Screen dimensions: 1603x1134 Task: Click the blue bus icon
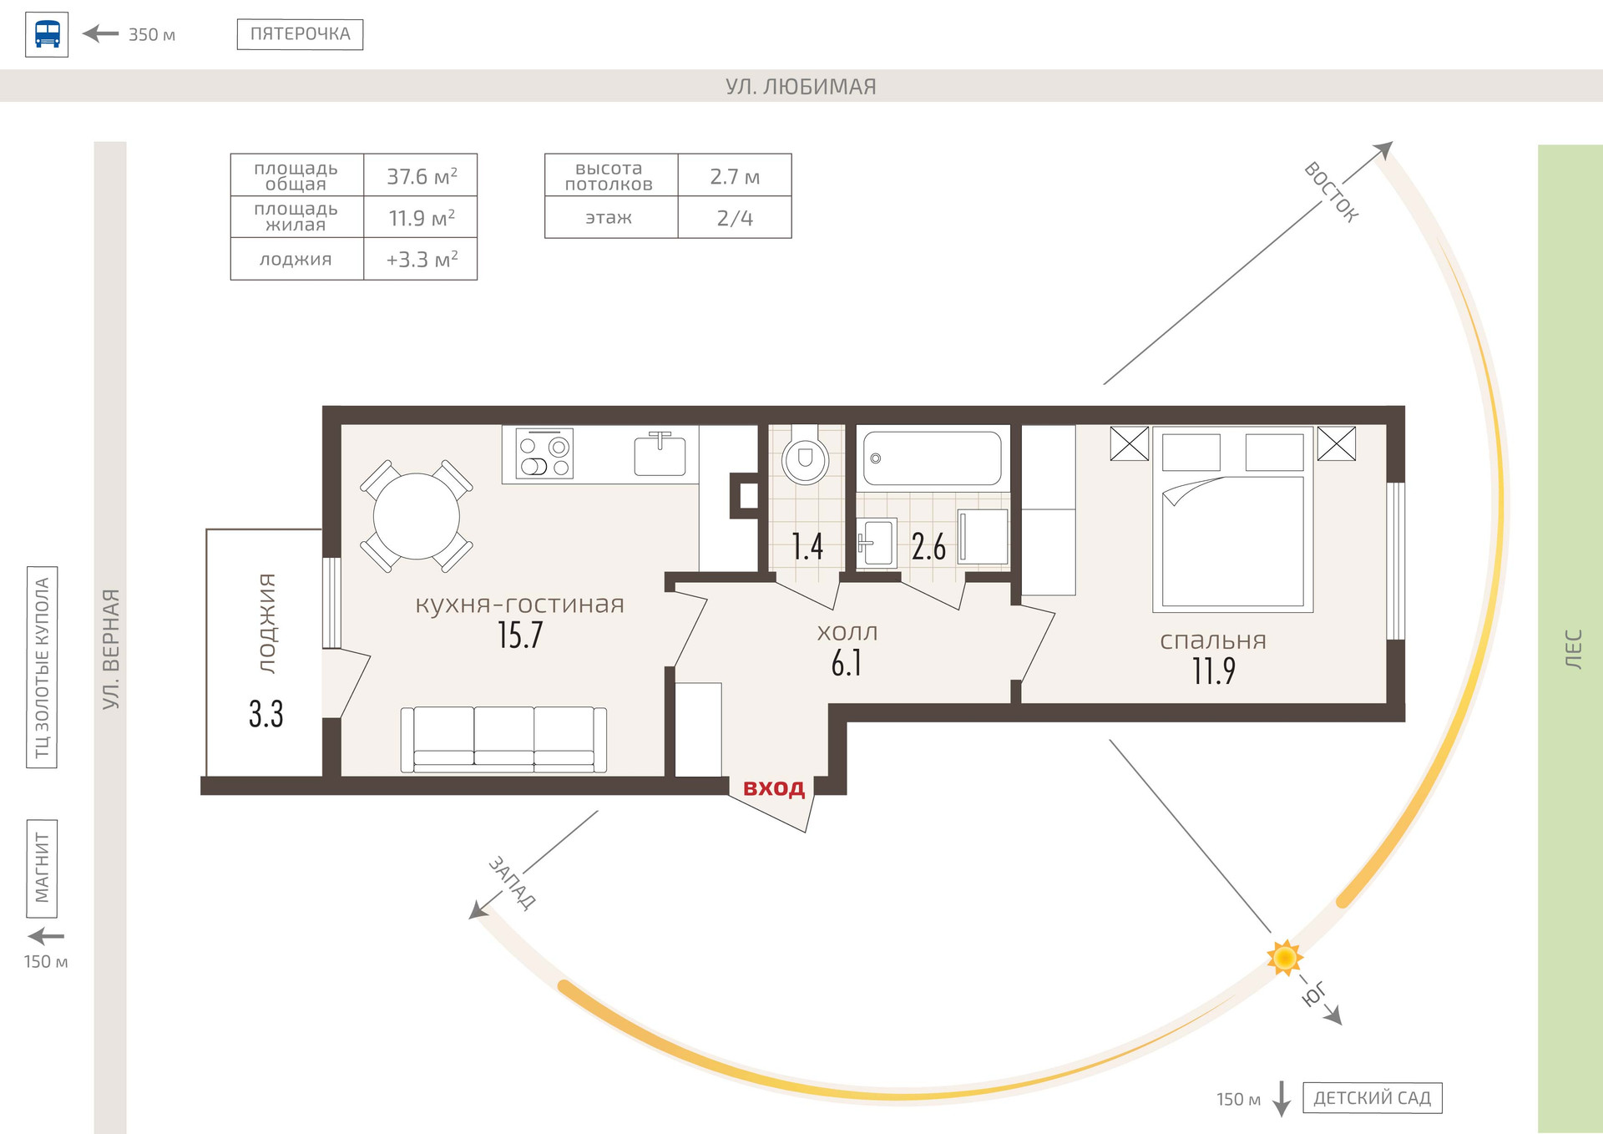coord(47,34)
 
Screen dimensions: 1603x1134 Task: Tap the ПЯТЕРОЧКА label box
coord(300,34)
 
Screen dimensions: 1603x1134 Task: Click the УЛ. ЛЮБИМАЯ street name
coord(801,86)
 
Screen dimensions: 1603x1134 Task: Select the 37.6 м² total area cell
coord(421,176)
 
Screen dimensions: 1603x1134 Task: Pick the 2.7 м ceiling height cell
coord(735,176)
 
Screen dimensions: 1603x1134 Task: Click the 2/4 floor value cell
coord(735,218)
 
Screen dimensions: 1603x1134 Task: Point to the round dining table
coord(416,516)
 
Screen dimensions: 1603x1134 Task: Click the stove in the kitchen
coord(544,453)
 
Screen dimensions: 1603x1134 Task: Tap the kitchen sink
coord(660,454)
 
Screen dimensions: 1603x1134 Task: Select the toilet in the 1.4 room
coord(805,458)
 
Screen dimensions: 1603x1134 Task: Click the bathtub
coord(932,458)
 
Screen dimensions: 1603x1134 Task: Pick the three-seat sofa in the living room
coord(503,739)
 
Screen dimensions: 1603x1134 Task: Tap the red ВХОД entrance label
coord(774,787)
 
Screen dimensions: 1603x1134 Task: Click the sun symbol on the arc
coord(1284,957)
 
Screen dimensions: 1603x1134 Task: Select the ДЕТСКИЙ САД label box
coord(1372,1097)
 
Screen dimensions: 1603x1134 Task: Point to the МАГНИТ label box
coord(42,868)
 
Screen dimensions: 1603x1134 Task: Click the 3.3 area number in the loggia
coord(265,714)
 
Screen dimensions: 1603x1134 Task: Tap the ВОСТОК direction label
coord(1332,192)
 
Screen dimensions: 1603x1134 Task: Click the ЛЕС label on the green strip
coord(1572,649)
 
